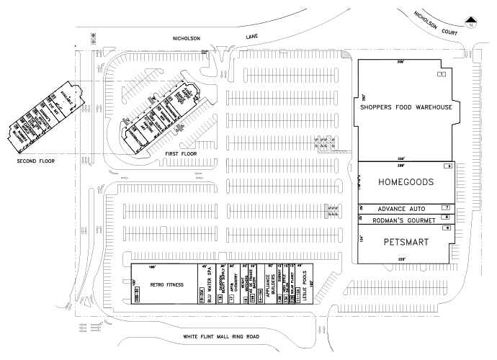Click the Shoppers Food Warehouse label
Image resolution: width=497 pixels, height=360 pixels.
point(406,108)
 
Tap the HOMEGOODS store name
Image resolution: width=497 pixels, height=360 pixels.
point(406,183)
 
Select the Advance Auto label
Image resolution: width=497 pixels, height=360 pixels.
point(398,208)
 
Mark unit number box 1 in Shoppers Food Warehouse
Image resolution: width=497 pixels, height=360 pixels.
point(441,74)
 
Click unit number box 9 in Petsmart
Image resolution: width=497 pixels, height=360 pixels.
point(447,228)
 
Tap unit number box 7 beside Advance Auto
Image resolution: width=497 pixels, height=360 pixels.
point(446,207)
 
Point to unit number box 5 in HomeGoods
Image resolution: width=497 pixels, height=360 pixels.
point(447,166)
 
